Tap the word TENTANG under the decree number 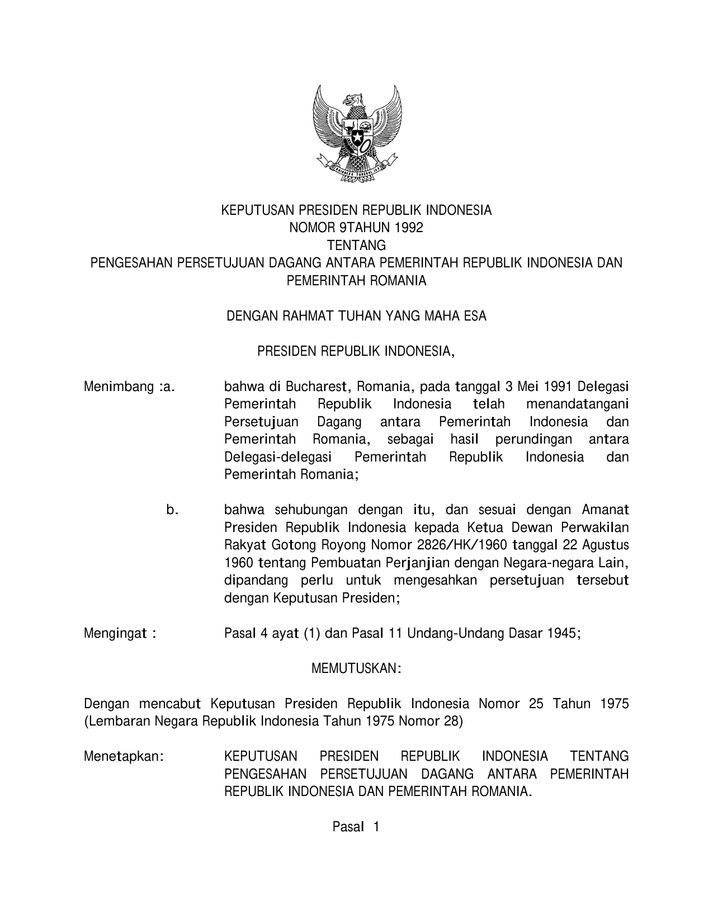[357, 246]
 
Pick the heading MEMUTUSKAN [356, 668]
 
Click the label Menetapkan [124, 757]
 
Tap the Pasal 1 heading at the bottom [356, 827]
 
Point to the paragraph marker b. [172, 510]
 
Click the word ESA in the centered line [475, 316]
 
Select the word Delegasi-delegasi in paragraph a [278, 457]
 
